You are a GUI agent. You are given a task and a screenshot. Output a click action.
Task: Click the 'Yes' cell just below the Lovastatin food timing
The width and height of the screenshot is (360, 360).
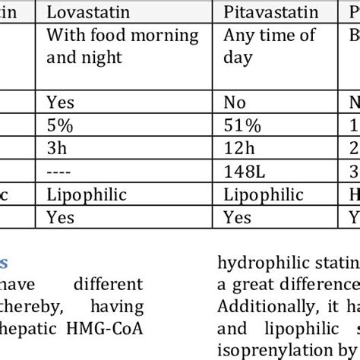[60, 100]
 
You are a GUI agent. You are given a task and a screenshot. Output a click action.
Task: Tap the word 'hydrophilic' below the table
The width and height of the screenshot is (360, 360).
[254, 264]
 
